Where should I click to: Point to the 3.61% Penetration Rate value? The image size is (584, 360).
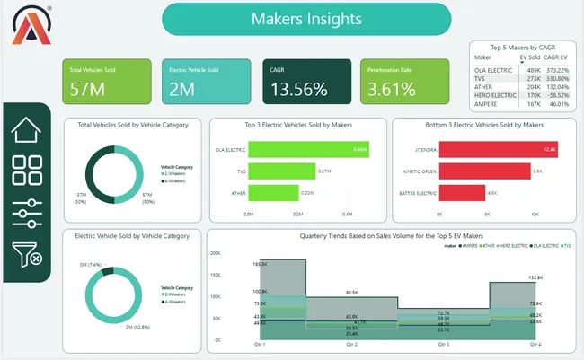391,89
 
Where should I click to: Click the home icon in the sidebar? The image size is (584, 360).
27,130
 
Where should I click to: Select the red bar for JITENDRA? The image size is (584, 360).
498,149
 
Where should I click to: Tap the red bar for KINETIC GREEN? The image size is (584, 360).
484,171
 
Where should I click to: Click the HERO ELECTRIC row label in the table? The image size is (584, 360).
493,94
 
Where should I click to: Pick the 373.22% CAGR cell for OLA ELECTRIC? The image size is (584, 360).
560,69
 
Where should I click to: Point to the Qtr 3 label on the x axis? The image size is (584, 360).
442,344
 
